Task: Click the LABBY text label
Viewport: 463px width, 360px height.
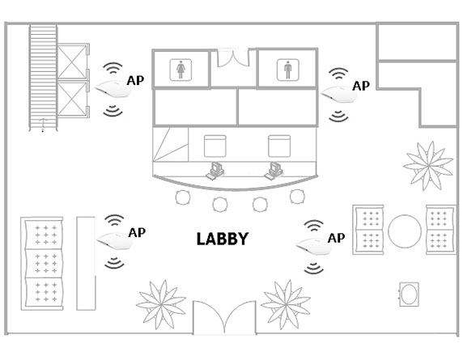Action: (223, 239)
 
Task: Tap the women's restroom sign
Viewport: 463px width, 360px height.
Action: (181, 70)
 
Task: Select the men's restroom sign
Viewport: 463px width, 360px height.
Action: (288, 70)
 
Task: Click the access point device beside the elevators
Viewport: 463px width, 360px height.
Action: (113, 88)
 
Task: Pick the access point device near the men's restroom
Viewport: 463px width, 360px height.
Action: (339, 94)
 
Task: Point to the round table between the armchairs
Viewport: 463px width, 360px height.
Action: (405, 231)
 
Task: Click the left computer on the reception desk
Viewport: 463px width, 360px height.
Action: (215, 171)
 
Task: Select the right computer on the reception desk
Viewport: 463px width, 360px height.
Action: (274, 171)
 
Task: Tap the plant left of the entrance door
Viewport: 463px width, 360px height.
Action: (161, 304)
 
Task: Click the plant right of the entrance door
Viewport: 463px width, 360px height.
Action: (286, 304)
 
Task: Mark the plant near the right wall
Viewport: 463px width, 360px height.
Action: (428, 166)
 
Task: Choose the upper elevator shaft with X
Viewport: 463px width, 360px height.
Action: (72, 62)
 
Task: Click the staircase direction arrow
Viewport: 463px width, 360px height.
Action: (43, 125)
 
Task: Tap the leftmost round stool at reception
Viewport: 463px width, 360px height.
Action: (183, 197)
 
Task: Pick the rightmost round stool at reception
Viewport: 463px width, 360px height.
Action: (297, 197)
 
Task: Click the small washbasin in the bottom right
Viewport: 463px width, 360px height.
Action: (409, 294)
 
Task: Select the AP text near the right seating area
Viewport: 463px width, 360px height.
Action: (337, 238)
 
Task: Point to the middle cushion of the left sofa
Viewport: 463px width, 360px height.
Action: (45, 264)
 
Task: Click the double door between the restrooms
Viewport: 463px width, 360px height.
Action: (233, 57)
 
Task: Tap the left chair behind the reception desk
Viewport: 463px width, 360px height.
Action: (215, 146)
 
